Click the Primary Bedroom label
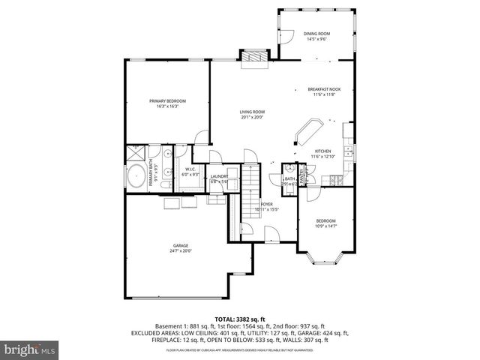[167, 100]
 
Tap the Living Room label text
[252, 112]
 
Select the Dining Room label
[316, 34]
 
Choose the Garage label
[181, 245]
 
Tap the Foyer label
[265, 203]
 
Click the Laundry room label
[219, 176]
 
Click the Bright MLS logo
[30, 349]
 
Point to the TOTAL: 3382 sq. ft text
[239, 319]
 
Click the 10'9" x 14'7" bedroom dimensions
[326, 226]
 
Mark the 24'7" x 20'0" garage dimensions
[181, 251]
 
